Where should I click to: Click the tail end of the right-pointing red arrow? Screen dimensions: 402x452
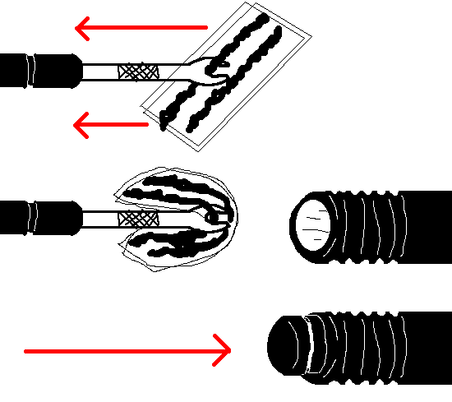28,351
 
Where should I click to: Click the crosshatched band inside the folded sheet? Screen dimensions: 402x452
137,219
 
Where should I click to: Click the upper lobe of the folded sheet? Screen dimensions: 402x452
177,188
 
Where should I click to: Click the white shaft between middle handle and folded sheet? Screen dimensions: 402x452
99,219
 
